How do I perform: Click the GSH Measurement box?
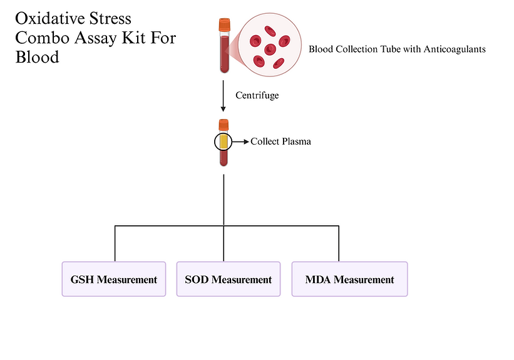tap(113, 279)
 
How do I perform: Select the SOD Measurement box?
tap(229, 279)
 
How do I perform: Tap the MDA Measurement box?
tap(349, 279)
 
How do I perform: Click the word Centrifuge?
tap(257, 96)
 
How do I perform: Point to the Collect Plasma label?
tap(280, 141)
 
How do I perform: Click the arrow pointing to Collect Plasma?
tap(240, 141)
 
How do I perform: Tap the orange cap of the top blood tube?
tap(224, 25)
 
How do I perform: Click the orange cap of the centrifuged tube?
tap(224, 125)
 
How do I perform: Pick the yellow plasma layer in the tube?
tap(224, 141)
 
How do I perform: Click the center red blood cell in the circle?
tap(270, 48)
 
